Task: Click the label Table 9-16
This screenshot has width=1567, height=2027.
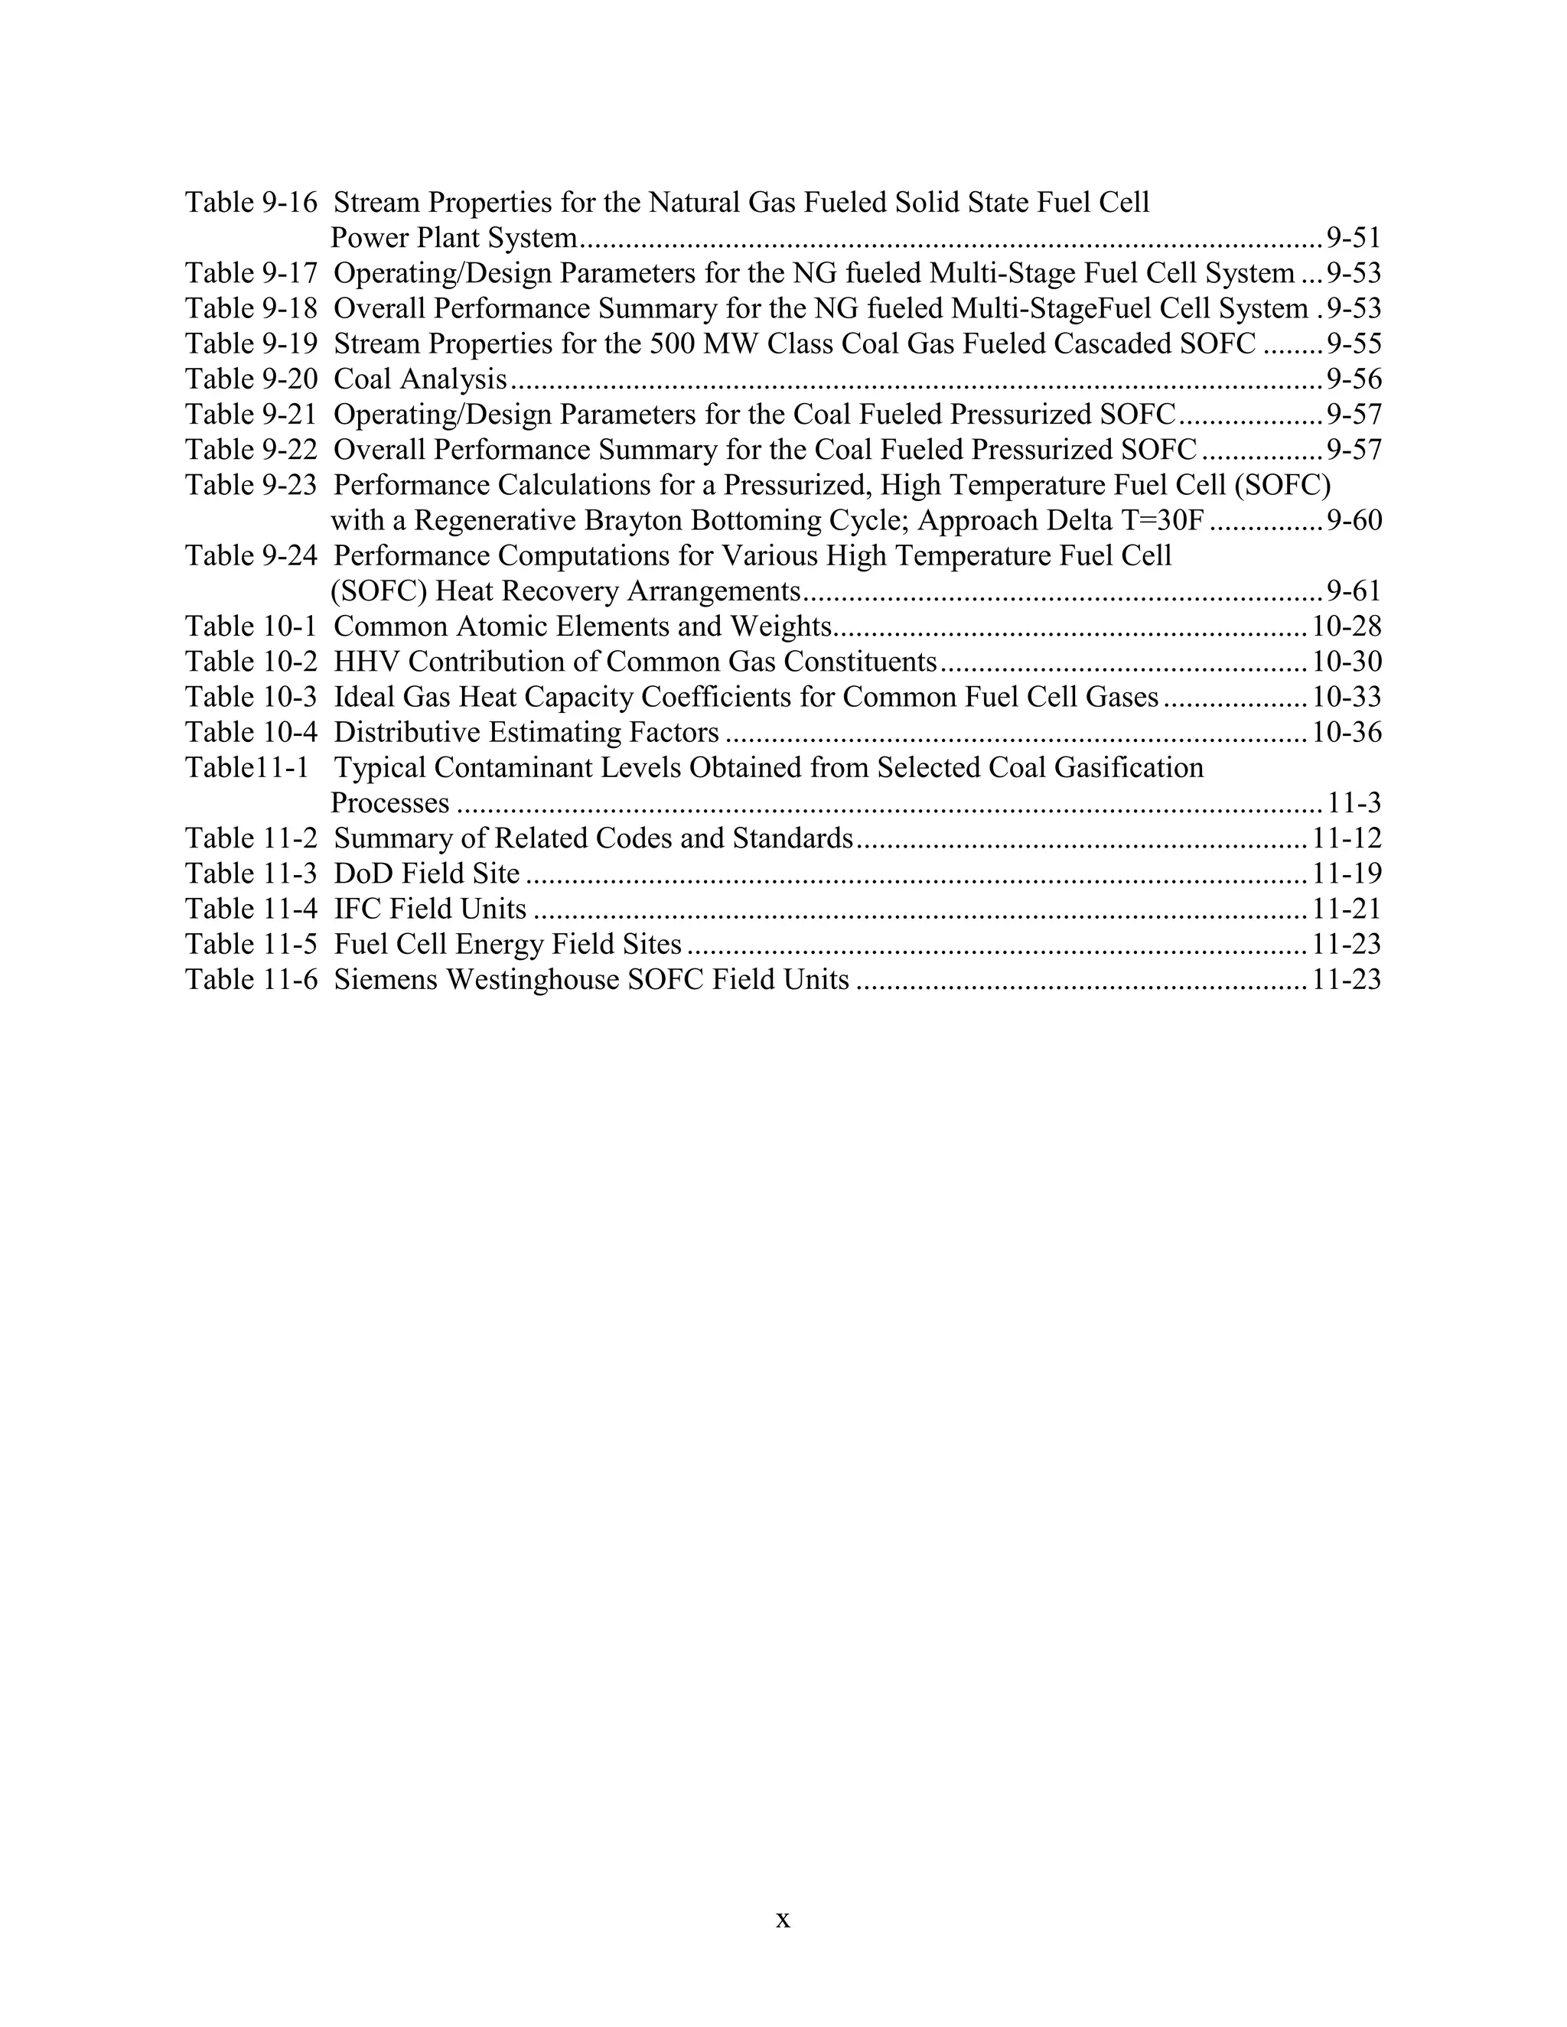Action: coord(251,203)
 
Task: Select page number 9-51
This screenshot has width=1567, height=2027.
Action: coord(1354,239)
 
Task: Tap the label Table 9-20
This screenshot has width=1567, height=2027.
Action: coord(251,379)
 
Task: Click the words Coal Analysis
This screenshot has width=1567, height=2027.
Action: coord(419,379)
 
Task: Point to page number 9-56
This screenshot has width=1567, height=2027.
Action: coord(1354,379)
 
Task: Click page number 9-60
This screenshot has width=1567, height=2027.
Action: coord(1354,521)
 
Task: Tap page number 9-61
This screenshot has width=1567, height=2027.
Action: coord(1354,591)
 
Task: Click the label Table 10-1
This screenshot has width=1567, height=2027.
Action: coord(251,626)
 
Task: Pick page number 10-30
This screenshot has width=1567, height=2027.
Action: coord(1346,662)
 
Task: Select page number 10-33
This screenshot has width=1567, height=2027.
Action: coord(1346,697)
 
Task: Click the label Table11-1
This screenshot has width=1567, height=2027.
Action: coord(246,769)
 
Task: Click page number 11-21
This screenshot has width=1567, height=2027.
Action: coord(1346,909)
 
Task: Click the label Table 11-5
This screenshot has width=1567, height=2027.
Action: coord(251,945)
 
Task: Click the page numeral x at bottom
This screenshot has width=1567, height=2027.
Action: coord(783,1919)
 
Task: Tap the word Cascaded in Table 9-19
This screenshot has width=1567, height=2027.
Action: coord(1114,344)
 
